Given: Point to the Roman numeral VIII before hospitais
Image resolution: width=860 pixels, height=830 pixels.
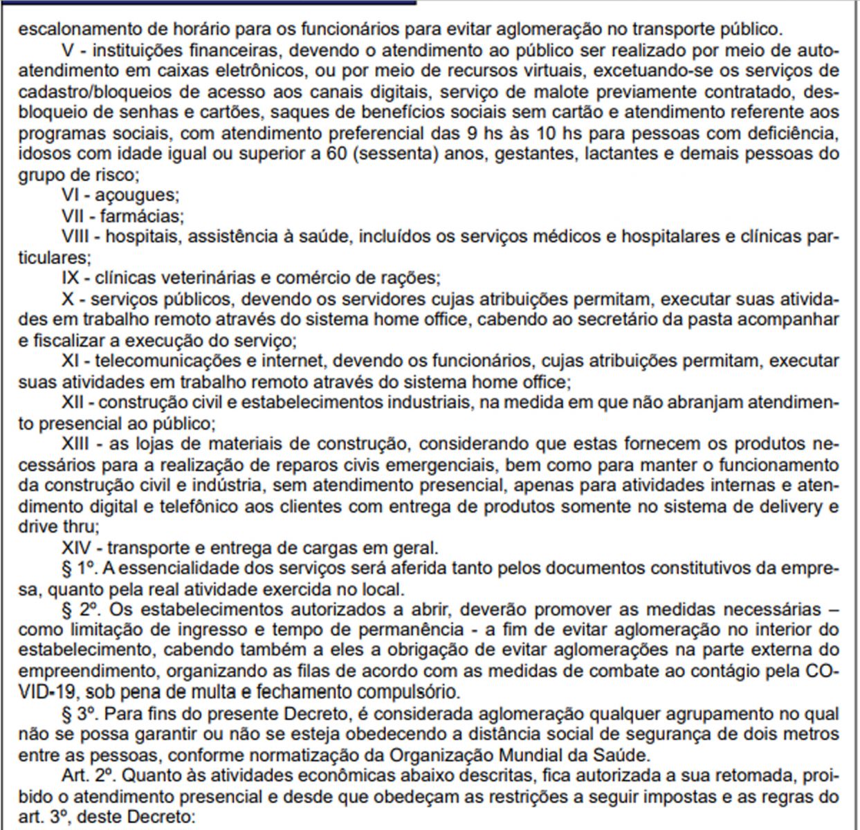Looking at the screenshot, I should tap(80, 237).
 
